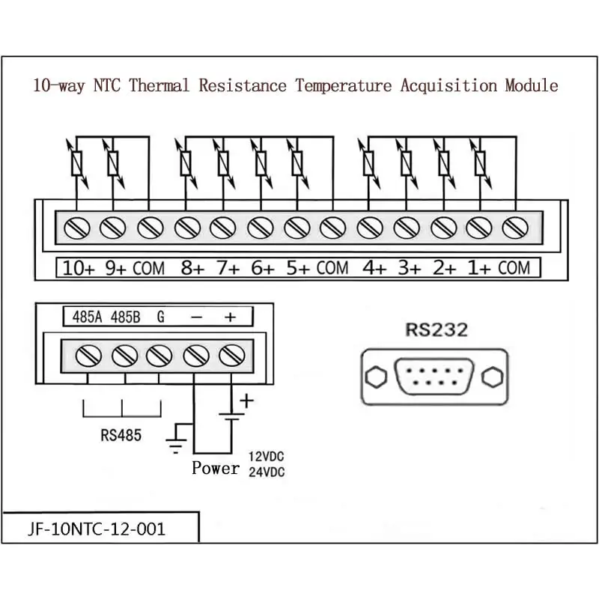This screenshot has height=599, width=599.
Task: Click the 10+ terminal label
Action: [79, 268]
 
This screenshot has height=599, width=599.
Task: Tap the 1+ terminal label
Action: [478, 268]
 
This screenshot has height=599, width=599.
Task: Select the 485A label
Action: [87, 317]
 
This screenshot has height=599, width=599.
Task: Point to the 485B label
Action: [126, 317]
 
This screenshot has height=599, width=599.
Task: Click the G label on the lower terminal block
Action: [161, 317]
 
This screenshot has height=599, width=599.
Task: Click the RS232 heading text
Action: [437, 330]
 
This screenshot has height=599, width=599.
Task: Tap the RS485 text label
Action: [121, 435]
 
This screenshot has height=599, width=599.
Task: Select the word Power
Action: [216, 468]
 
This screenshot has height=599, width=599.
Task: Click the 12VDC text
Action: [267, 457]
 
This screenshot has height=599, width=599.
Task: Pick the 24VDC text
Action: [267, 472]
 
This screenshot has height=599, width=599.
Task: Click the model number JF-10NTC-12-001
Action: [97, 529]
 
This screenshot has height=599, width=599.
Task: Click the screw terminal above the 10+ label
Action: [77, 228]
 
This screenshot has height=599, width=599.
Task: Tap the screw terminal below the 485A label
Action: [88, 356]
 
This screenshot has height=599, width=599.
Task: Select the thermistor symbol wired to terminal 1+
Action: [480, 163]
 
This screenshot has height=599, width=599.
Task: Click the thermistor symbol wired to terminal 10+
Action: [77, 163]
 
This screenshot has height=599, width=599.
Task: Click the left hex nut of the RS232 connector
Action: [376, 377]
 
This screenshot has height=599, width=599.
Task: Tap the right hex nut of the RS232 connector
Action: [493, 377]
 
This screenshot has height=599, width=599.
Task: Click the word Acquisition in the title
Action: [449, 85]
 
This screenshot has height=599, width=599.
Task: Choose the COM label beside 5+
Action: [332, 268]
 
